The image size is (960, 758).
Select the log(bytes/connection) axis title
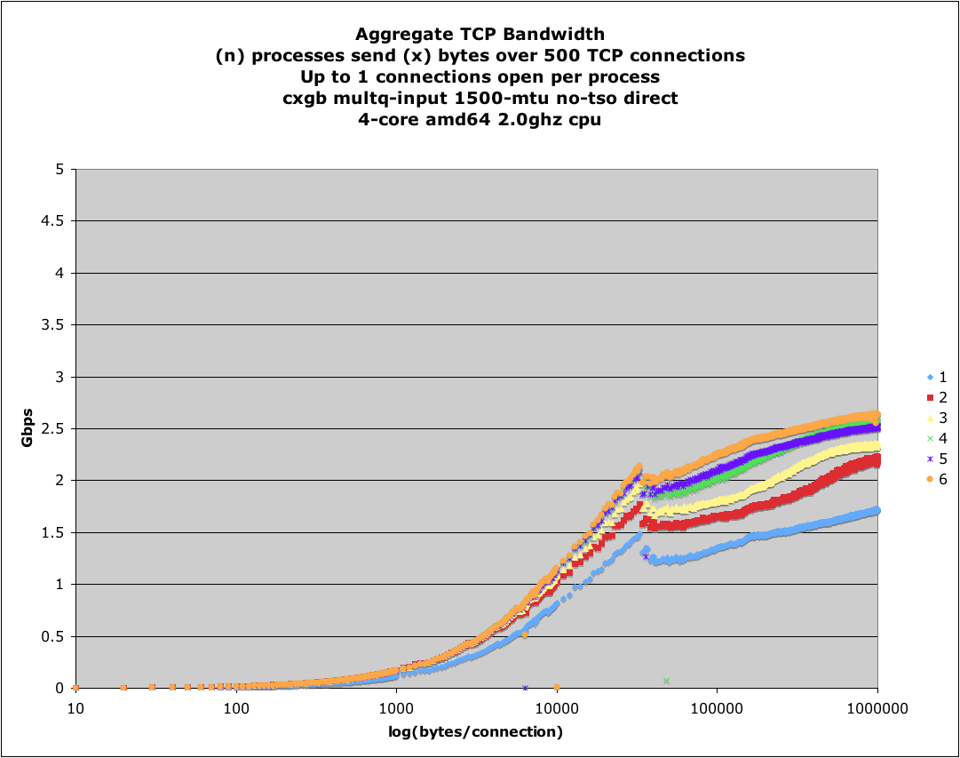point(477,732)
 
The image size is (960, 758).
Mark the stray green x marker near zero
point(666,681)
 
